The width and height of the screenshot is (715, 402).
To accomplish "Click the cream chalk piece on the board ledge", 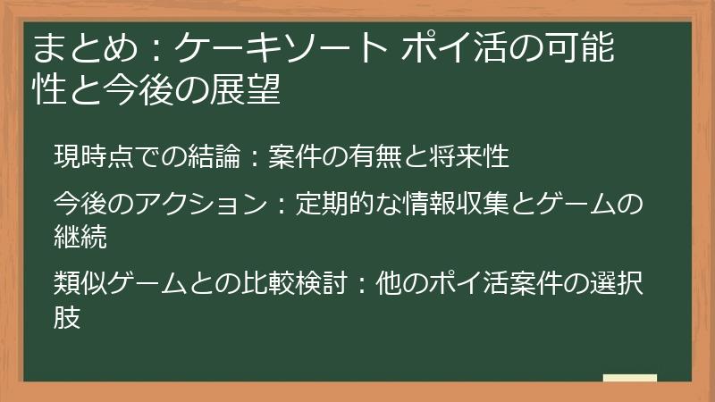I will (629, 378).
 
